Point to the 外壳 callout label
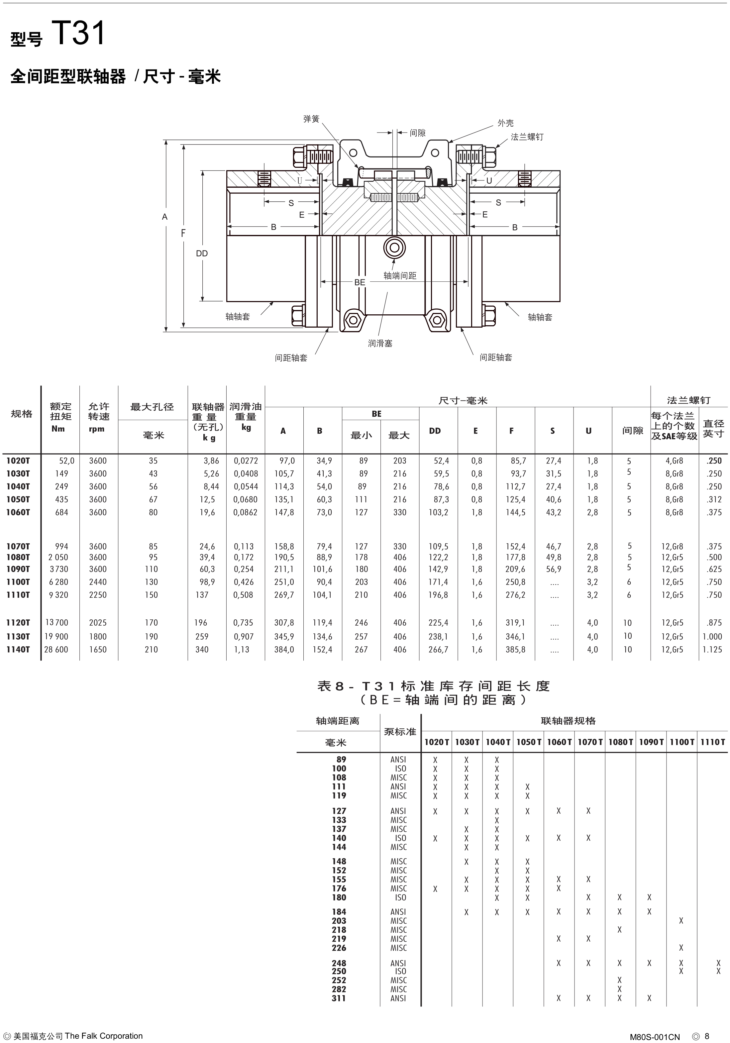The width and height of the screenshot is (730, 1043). [506, 123]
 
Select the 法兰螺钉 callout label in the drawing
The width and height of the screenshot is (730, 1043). [527, 137]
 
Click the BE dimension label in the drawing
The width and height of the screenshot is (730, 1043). [360, 282]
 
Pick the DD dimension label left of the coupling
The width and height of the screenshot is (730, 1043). [202, 254]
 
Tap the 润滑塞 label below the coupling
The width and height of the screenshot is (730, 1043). [380, 344]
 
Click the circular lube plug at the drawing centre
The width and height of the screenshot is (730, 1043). [394, 248]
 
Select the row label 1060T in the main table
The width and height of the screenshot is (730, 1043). [18, 512]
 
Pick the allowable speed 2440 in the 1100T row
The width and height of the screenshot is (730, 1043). [98, 582]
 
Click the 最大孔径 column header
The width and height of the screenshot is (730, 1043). [152, 407]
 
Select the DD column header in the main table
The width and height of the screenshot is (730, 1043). [435, 431]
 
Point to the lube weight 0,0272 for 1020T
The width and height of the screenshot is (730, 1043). [246, 461]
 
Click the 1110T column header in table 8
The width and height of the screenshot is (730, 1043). [712, 742]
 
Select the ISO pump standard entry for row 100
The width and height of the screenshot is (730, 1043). [400, 769]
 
